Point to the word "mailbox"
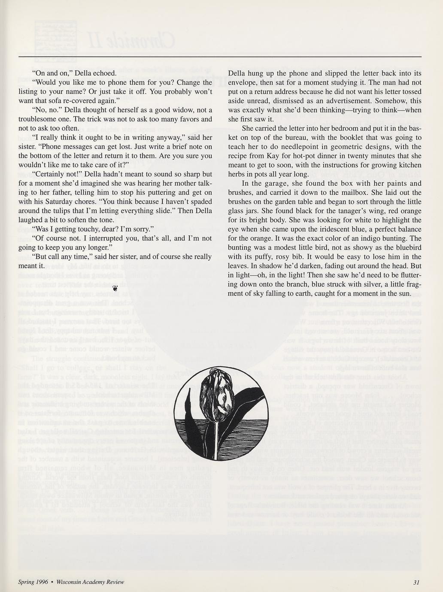pyautogui.click(x=364, y=193)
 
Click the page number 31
pyautogui.click(x=416, y=582)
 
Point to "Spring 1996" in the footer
pyautogui.click(x=33, y=582)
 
